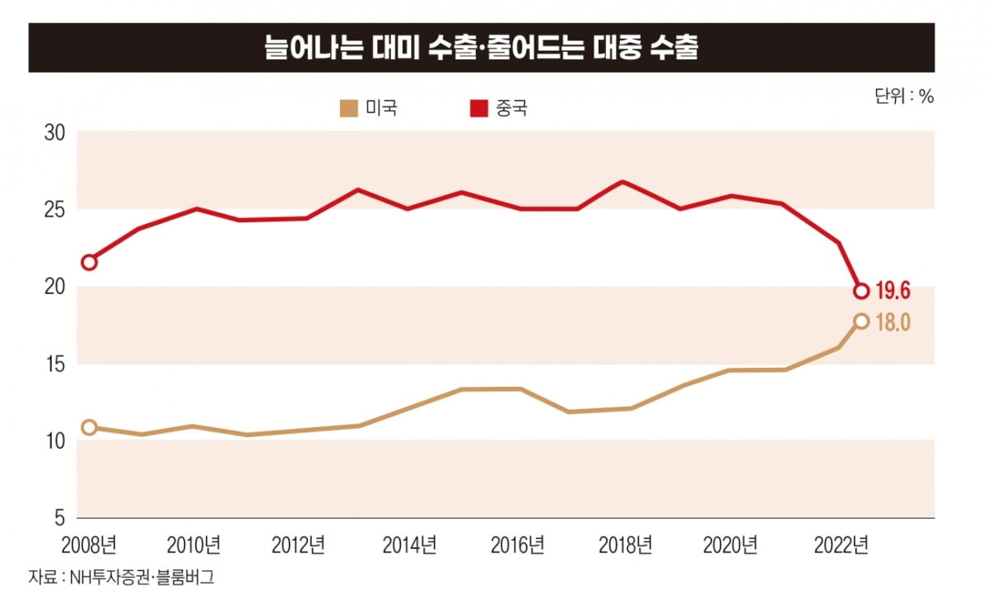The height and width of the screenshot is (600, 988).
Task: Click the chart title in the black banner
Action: [x=481, y=49]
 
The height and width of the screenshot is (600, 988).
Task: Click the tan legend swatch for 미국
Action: [x=349, y=108]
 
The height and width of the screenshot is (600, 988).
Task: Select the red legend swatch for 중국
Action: [x=478, y=108]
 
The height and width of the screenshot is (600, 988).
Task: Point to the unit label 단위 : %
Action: [x=904, y=95]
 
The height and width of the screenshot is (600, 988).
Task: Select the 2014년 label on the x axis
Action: [x=409, y=545]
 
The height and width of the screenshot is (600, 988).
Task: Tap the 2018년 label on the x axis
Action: [x=625, y=545]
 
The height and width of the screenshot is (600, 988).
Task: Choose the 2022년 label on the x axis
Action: [x=841, y=545]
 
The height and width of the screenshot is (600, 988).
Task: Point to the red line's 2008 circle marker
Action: [x=89, y=263]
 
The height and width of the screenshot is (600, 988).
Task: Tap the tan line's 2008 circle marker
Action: [x=89, y=427]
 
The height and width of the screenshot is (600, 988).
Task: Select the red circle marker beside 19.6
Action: [x=861, y=291]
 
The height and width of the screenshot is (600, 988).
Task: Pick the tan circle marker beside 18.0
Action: [x=861, y=321]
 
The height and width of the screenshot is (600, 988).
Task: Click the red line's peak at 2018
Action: [x=622, y=182]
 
